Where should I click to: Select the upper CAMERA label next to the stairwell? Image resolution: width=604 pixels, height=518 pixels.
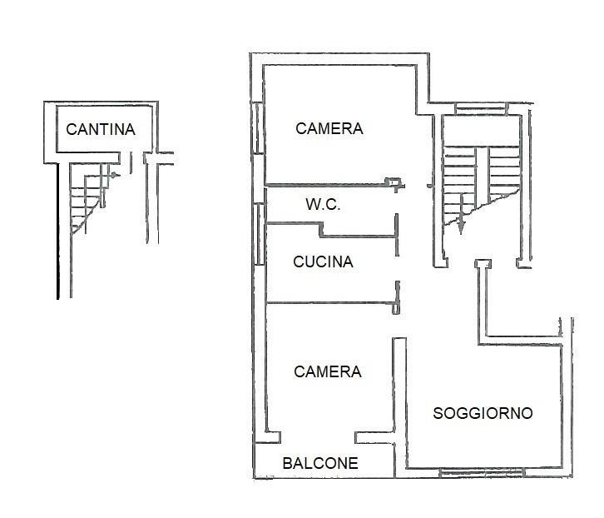[x=329, y=128]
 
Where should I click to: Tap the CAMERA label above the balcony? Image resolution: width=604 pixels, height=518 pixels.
[x=328, y=371]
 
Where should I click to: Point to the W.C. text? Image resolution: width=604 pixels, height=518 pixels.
[x=322, y=204]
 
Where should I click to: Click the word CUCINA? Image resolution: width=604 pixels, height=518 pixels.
[x=323, y=261]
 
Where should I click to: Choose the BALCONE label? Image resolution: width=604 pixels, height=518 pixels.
[x=320, y=463]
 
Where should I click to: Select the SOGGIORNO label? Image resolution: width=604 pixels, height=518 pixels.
[x=483, y=413]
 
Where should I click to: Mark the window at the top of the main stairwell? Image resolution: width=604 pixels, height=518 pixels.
[x=481, y=107]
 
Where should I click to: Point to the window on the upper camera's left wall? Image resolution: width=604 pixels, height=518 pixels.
[x=258, y=129]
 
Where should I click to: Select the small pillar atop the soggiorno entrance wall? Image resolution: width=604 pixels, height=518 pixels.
[x=480, y=264]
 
